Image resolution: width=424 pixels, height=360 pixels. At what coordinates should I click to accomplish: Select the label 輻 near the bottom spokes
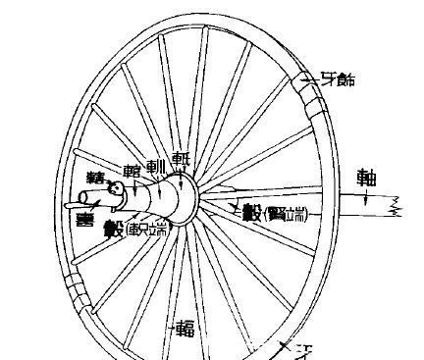pos(184,328)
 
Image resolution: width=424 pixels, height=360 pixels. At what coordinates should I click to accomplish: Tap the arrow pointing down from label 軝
pos(178,177)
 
